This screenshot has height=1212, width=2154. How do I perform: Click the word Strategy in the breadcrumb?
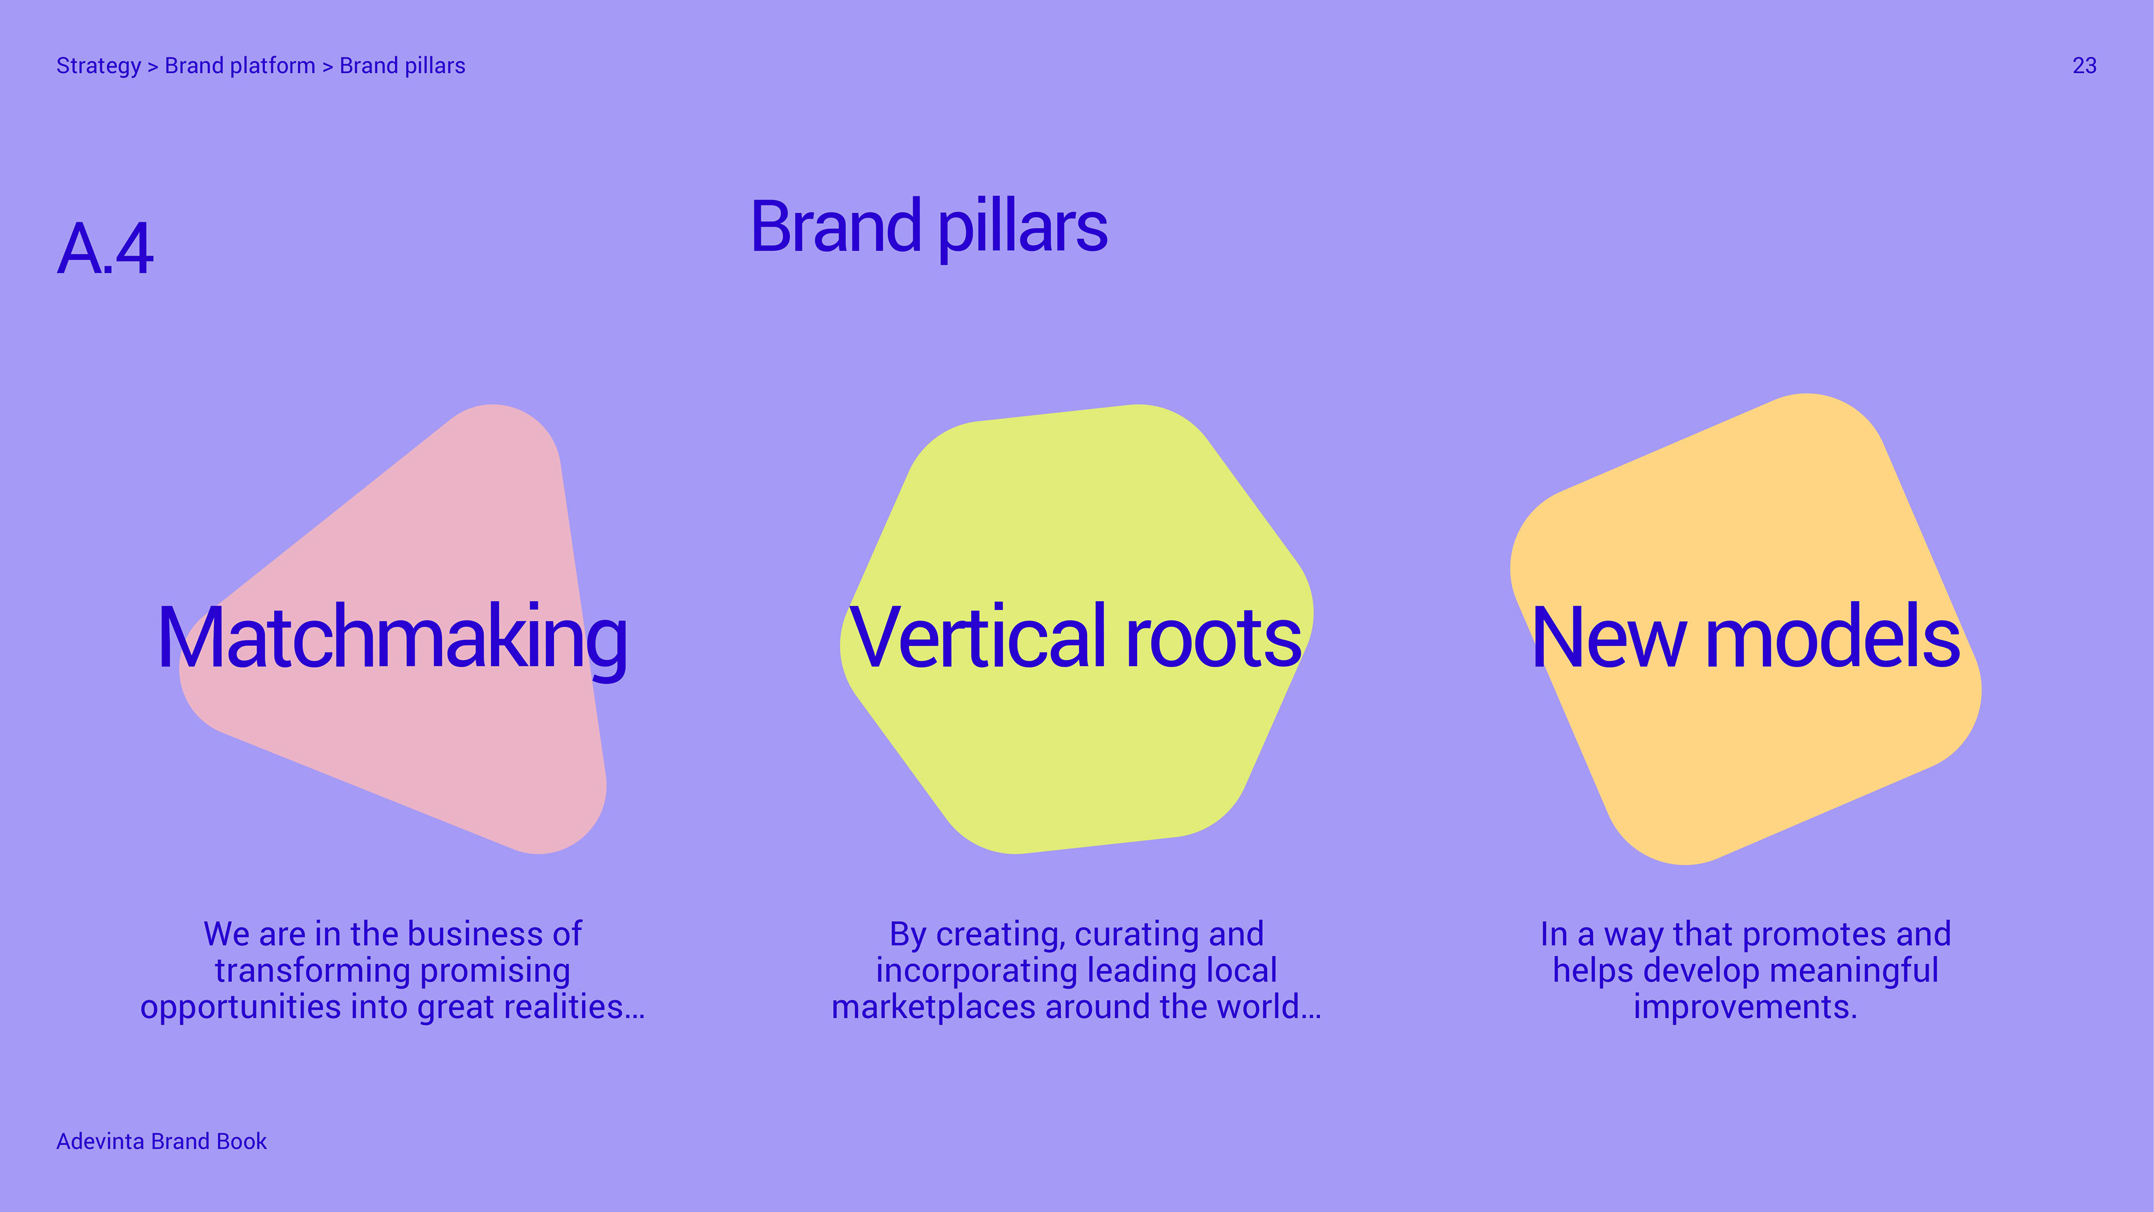(x=98, y=66)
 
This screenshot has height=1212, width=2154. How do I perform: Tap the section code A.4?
(x=105, y=249)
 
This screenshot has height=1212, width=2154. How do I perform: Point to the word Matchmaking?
(x=392, y=637)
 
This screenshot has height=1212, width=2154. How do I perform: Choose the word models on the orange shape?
(x=1832, y=637)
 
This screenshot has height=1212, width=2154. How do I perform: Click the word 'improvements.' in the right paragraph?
(x=1745, y=1007)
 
